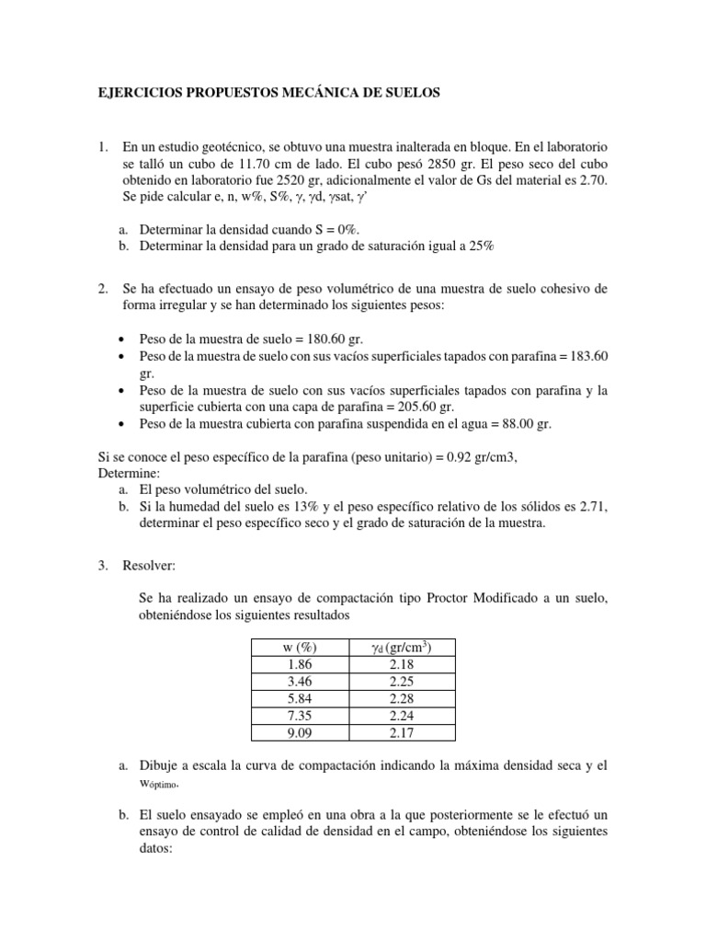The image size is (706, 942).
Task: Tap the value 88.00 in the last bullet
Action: [x=513, y=423]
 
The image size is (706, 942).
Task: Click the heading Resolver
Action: [x=149, y=564]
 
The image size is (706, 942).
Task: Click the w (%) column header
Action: [x=301, y=649]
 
